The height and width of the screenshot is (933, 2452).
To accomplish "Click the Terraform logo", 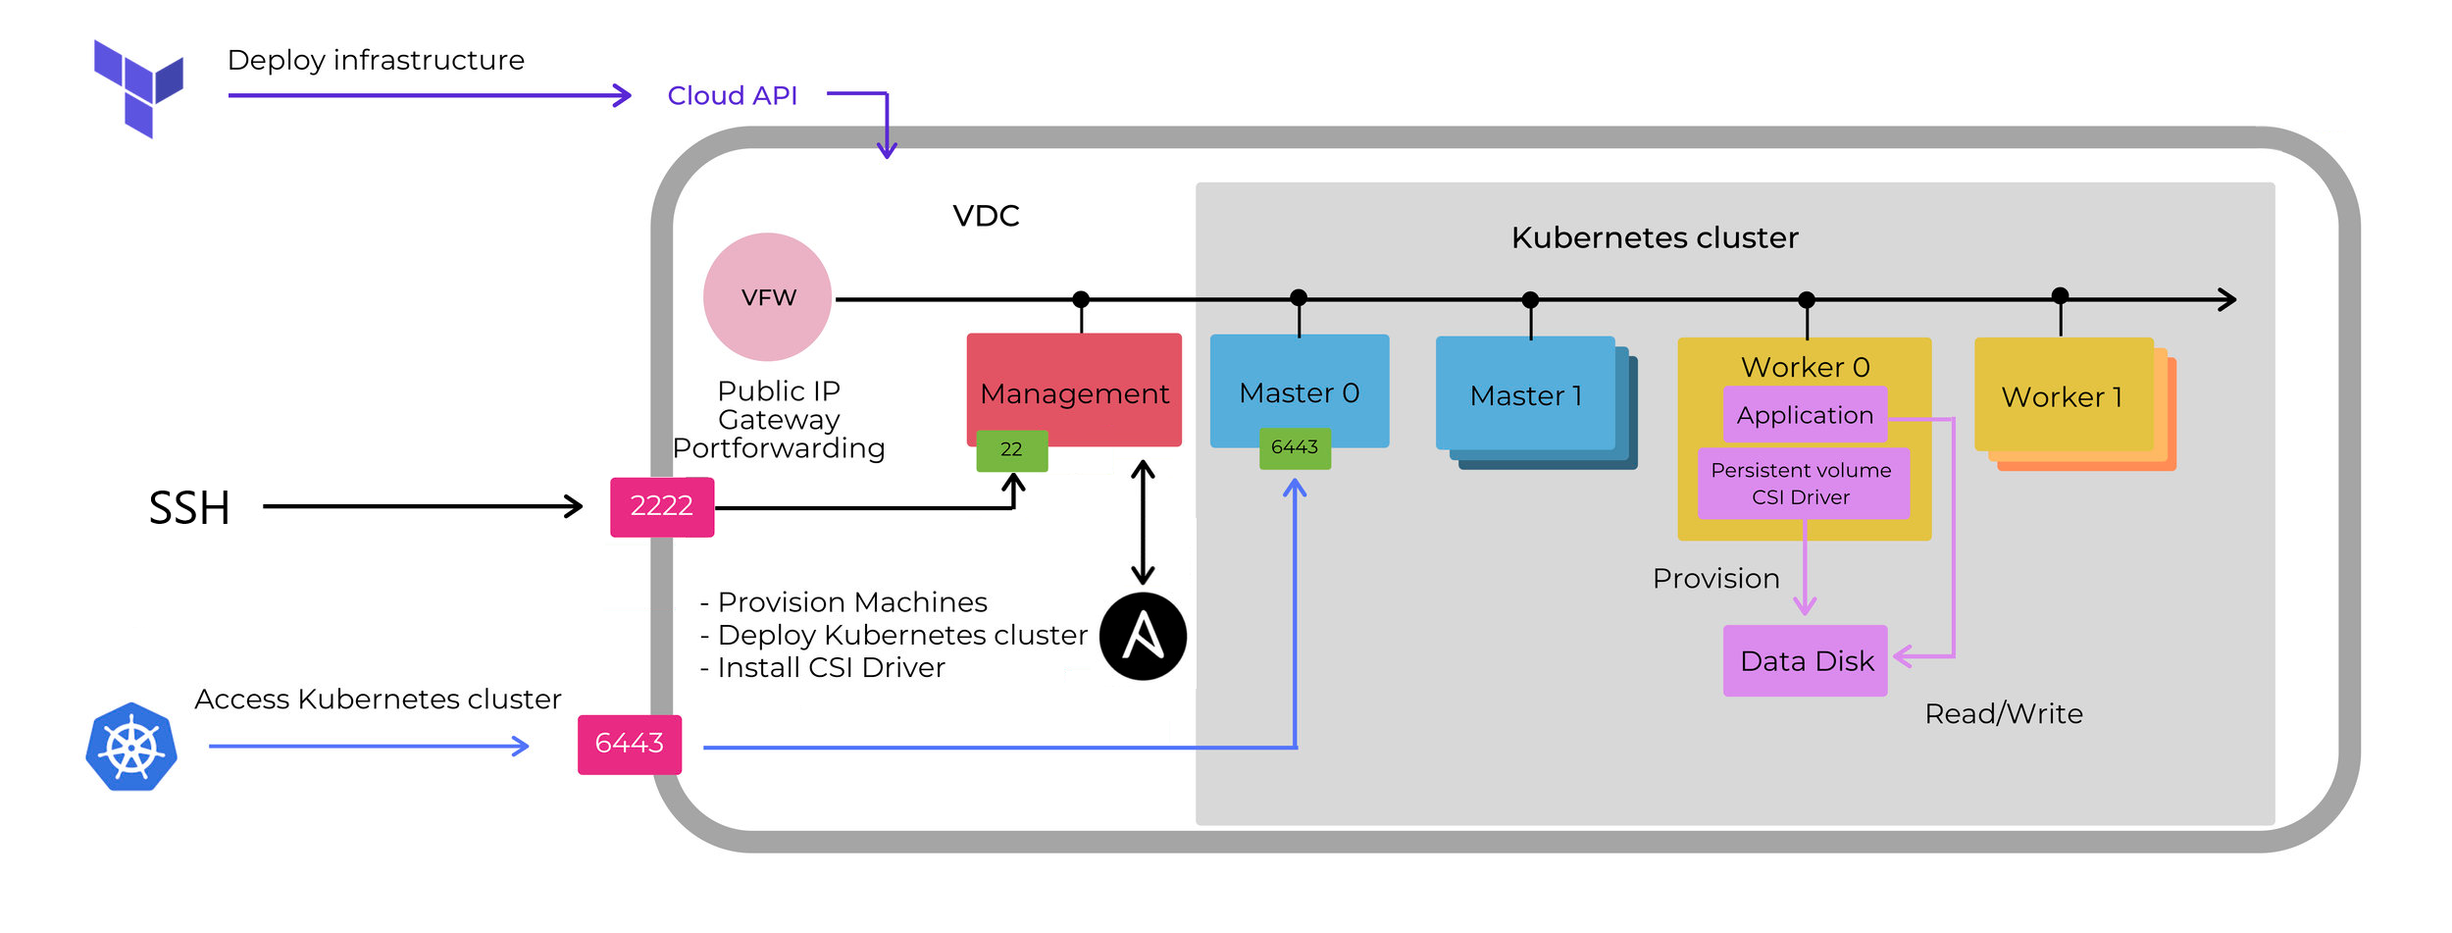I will click(x=137, y=87).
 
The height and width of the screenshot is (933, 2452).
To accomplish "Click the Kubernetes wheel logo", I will click(x=131, y=747).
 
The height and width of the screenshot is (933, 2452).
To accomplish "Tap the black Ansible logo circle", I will click(x=1143, y=637).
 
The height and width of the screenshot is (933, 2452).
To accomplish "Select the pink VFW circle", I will click(x=768, y=297).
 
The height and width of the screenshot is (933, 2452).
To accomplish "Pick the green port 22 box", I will click(x=1011, y=450).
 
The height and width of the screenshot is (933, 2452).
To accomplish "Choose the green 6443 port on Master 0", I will click(x=1295, y=448).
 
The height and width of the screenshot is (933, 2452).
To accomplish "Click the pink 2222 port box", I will click(x=662, y=506).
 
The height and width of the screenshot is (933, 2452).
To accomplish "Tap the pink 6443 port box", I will click(x=630, y=744).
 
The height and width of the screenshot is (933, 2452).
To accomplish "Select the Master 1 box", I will click(x=1525, y=394).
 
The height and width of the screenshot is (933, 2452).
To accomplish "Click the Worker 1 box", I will click(x=2063, y=395).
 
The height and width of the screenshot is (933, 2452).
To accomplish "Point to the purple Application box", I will click(x=1805, y=415).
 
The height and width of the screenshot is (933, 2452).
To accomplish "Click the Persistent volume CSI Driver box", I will click(x=1803, y=484).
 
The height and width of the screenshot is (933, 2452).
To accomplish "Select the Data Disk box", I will click(x=1806, y=660).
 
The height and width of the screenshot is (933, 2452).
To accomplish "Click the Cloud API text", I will click(x=732, y=96).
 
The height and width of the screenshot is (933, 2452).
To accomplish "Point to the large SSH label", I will click(x=189, y=508).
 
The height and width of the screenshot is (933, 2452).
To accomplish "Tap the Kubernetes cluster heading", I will click(x=1655, y=237).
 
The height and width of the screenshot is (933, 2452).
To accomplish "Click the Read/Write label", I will click(x=2003, y=713).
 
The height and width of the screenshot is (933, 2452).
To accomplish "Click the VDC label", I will click(x=986, y=216).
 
